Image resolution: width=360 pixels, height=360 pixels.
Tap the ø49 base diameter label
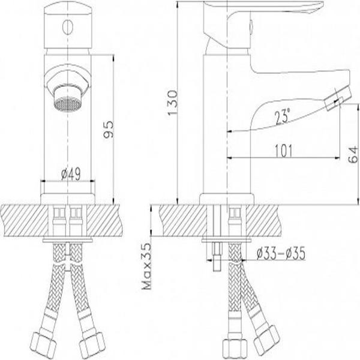[x=71, y=175]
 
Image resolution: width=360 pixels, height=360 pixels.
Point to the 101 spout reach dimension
[x=277, y=150]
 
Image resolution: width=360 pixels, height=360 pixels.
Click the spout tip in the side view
[x=337, y=98]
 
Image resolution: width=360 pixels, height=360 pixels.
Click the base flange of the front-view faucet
[x=68, y=197]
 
